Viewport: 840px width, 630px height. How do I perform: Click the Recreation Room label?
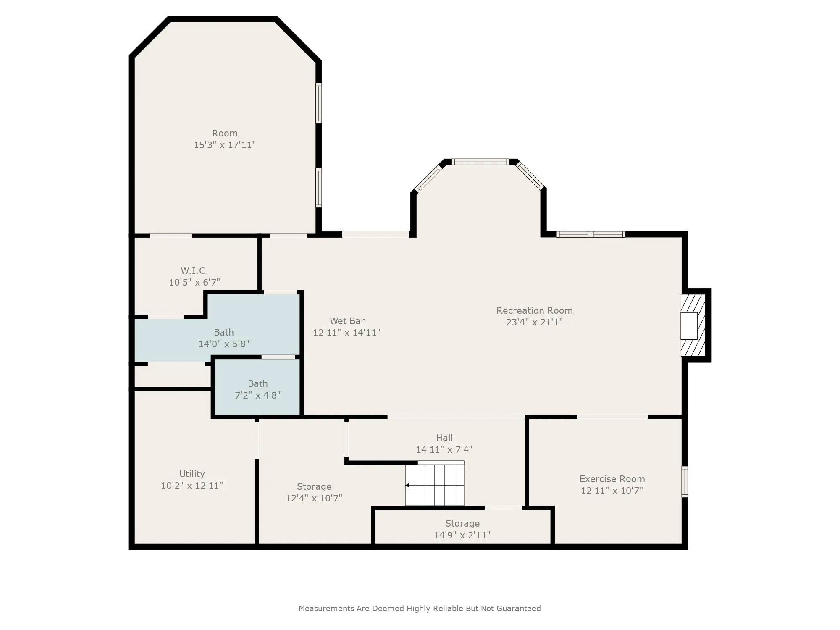click(534, 310)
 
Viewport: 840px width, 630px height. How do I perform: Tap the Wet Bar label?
click(347, 321)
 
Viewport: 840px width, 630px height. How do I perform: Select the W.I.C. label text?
click(194, 270)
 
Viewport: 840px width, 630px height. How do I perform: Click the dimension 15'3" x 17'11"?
click(225, 145)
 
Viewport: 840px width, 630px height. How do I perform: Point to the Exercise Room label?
click(612, 479)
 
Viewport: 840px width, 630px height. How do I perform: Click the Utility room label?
click(192, 474)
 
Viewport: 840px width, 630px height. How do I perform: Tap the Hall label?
click(444, 438)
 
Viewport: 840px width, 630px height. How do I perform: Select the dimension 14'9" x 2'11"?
click(462, 535)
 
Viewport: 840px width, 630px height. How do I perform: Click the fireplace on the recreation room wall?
click(693, 325)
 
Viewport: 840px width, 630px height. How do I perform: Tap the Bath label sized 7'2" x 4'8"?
click(257, 383)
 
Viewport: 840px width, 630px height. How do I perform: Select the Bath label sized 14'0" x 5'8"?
click(223, 332)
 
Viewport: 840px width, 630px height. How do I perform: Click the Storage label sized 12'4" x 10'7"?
click(314, 486)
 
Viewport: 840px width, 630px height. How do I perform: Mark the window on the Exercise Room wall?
click(685, 481)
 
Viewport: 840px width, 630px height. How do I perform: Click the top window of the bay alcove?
click(480, 162)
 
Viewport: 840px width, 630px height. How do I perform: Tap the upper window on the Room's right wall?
click(319, 103)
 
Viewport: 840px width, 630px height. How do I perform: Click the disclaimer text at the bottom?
click(420, 608)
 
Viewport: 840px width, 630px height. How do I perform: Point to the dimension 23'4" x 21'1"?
click(534, 322)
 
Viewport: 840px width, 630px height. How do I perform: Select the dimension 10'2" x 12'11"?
click(192, 486)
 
